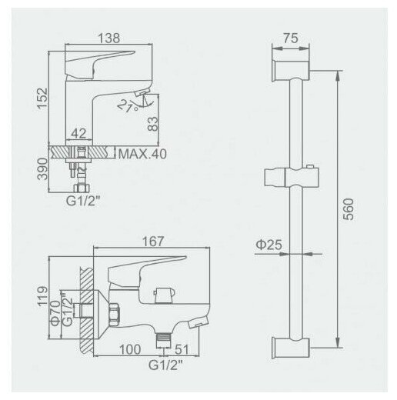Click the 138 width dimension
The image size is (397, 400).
click(x=109, y=38)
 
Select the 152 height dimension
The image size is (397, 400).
click(x=42, y=98)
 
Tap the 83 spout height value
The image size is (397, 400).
click(x=153, y=124)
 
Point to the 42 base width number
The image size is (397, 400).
click(x=78, y=133)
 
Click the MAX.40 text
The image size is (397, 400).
click(x=142, y=154)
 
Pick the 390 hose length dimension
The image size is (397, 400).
click(x=42, y=169)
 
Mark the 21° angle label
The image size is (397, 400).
click(x=128, y=105)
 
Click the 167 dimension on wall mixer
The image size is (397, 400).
click(x=153, y=242)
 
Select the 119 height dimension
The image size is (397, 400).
click(x=42, y=296)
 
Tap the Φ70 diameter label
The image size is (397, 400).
click(x=55, y=313)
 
